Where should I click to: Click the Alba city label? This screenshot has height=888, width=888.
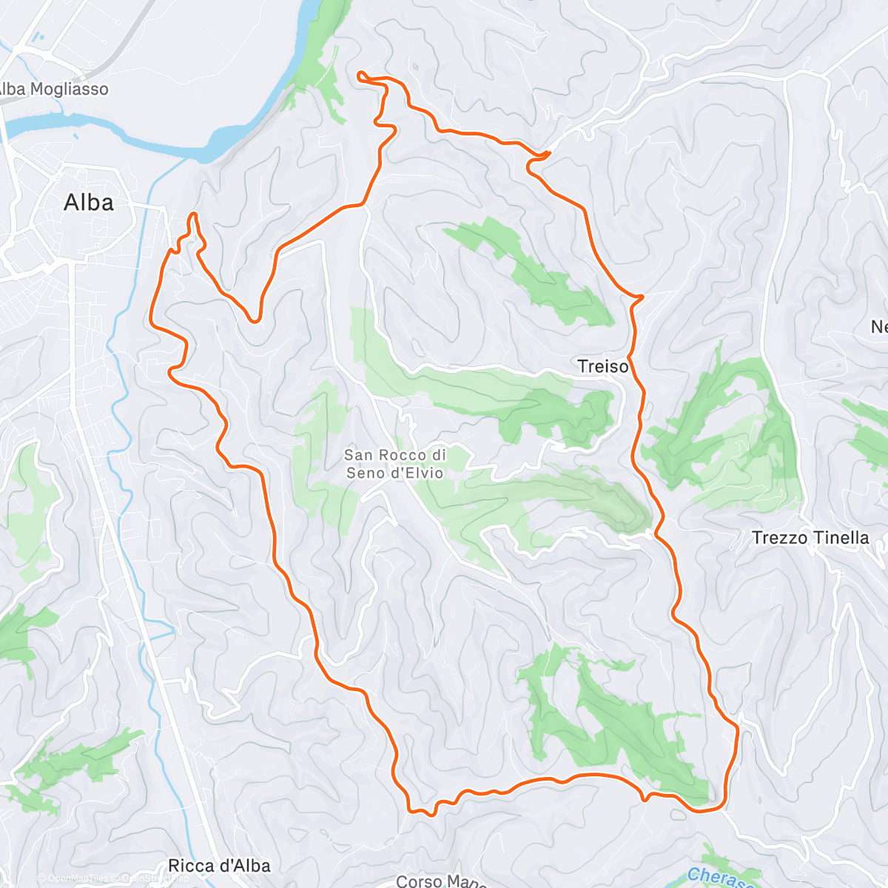click(x=89, y=202)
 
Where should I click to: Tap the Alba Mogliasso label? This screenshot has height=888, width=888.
click(x=53, y=90)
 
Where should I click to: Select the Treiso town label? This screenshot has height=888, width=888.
click(x=603, y=366)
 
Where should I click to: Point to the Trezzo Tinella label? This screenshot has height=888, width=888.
click(x=810, y=538)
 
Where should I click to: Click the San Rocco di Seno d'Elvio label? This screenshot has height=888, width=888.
click(x=395, y=464)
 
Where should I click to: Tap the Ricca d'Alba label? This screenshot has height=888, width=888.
click(x=219, y=865)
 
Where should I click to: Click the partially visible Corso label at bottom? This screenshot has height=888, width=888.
click(x=440, y=881)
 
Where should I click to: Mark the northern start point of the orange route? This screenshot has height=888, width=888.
click(x=360, y=73)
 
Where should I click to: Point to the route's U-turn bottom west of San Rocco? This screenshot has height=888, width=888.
click(x=255, y=320)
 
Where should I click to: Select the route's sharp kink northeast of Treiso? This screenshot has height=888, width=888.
click(x=641, y=297)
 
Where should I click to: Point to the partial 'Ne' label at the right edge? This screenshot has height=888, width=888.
click(x=878, y=326)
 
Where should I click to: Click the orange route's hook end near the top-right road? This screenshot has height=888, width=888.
click(x=548, y=152)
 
